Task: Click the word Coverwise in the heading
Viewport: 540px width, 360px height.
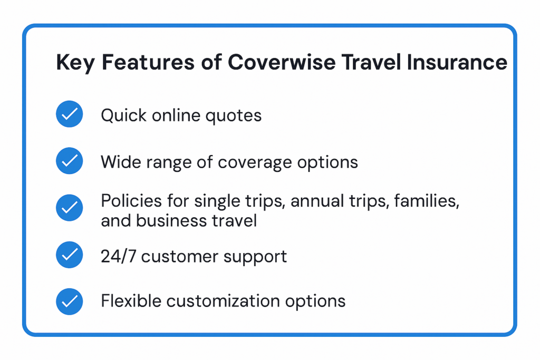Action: (282, 62)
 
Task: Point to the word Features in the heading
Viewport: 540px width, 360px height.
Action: (148, 62)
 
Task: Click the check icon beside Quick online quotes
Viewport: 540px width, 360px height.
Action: (69, 114)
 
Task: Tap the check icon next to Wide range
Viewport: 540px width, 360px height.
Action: (69, 161)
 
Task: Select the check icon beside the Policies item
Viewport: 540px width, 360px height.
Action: (69, 208)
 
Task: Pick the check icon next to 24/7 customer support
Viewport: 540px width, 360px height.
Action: (69, 255)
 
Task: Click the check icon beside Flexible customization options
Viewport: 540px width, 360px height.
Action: (69, 301)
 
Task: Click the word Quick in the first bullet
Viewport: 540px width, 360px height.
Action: (123, 115)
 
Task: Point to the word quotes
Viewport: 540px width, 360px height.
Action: (234, 116)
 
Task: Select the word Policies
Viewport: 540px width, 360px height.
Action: (131, 201)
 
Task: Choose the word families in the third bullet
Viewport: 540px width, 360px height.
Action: (427, 201)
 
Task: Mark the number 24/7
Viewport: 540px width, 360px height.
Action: (118, 256)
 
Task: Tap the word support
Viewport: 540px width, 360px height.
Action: (255, 257)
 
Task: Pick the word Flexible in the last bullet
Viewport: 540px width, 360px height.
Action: (131, 301)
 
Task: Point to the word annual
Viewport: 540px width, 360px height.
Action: (317, 201)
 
